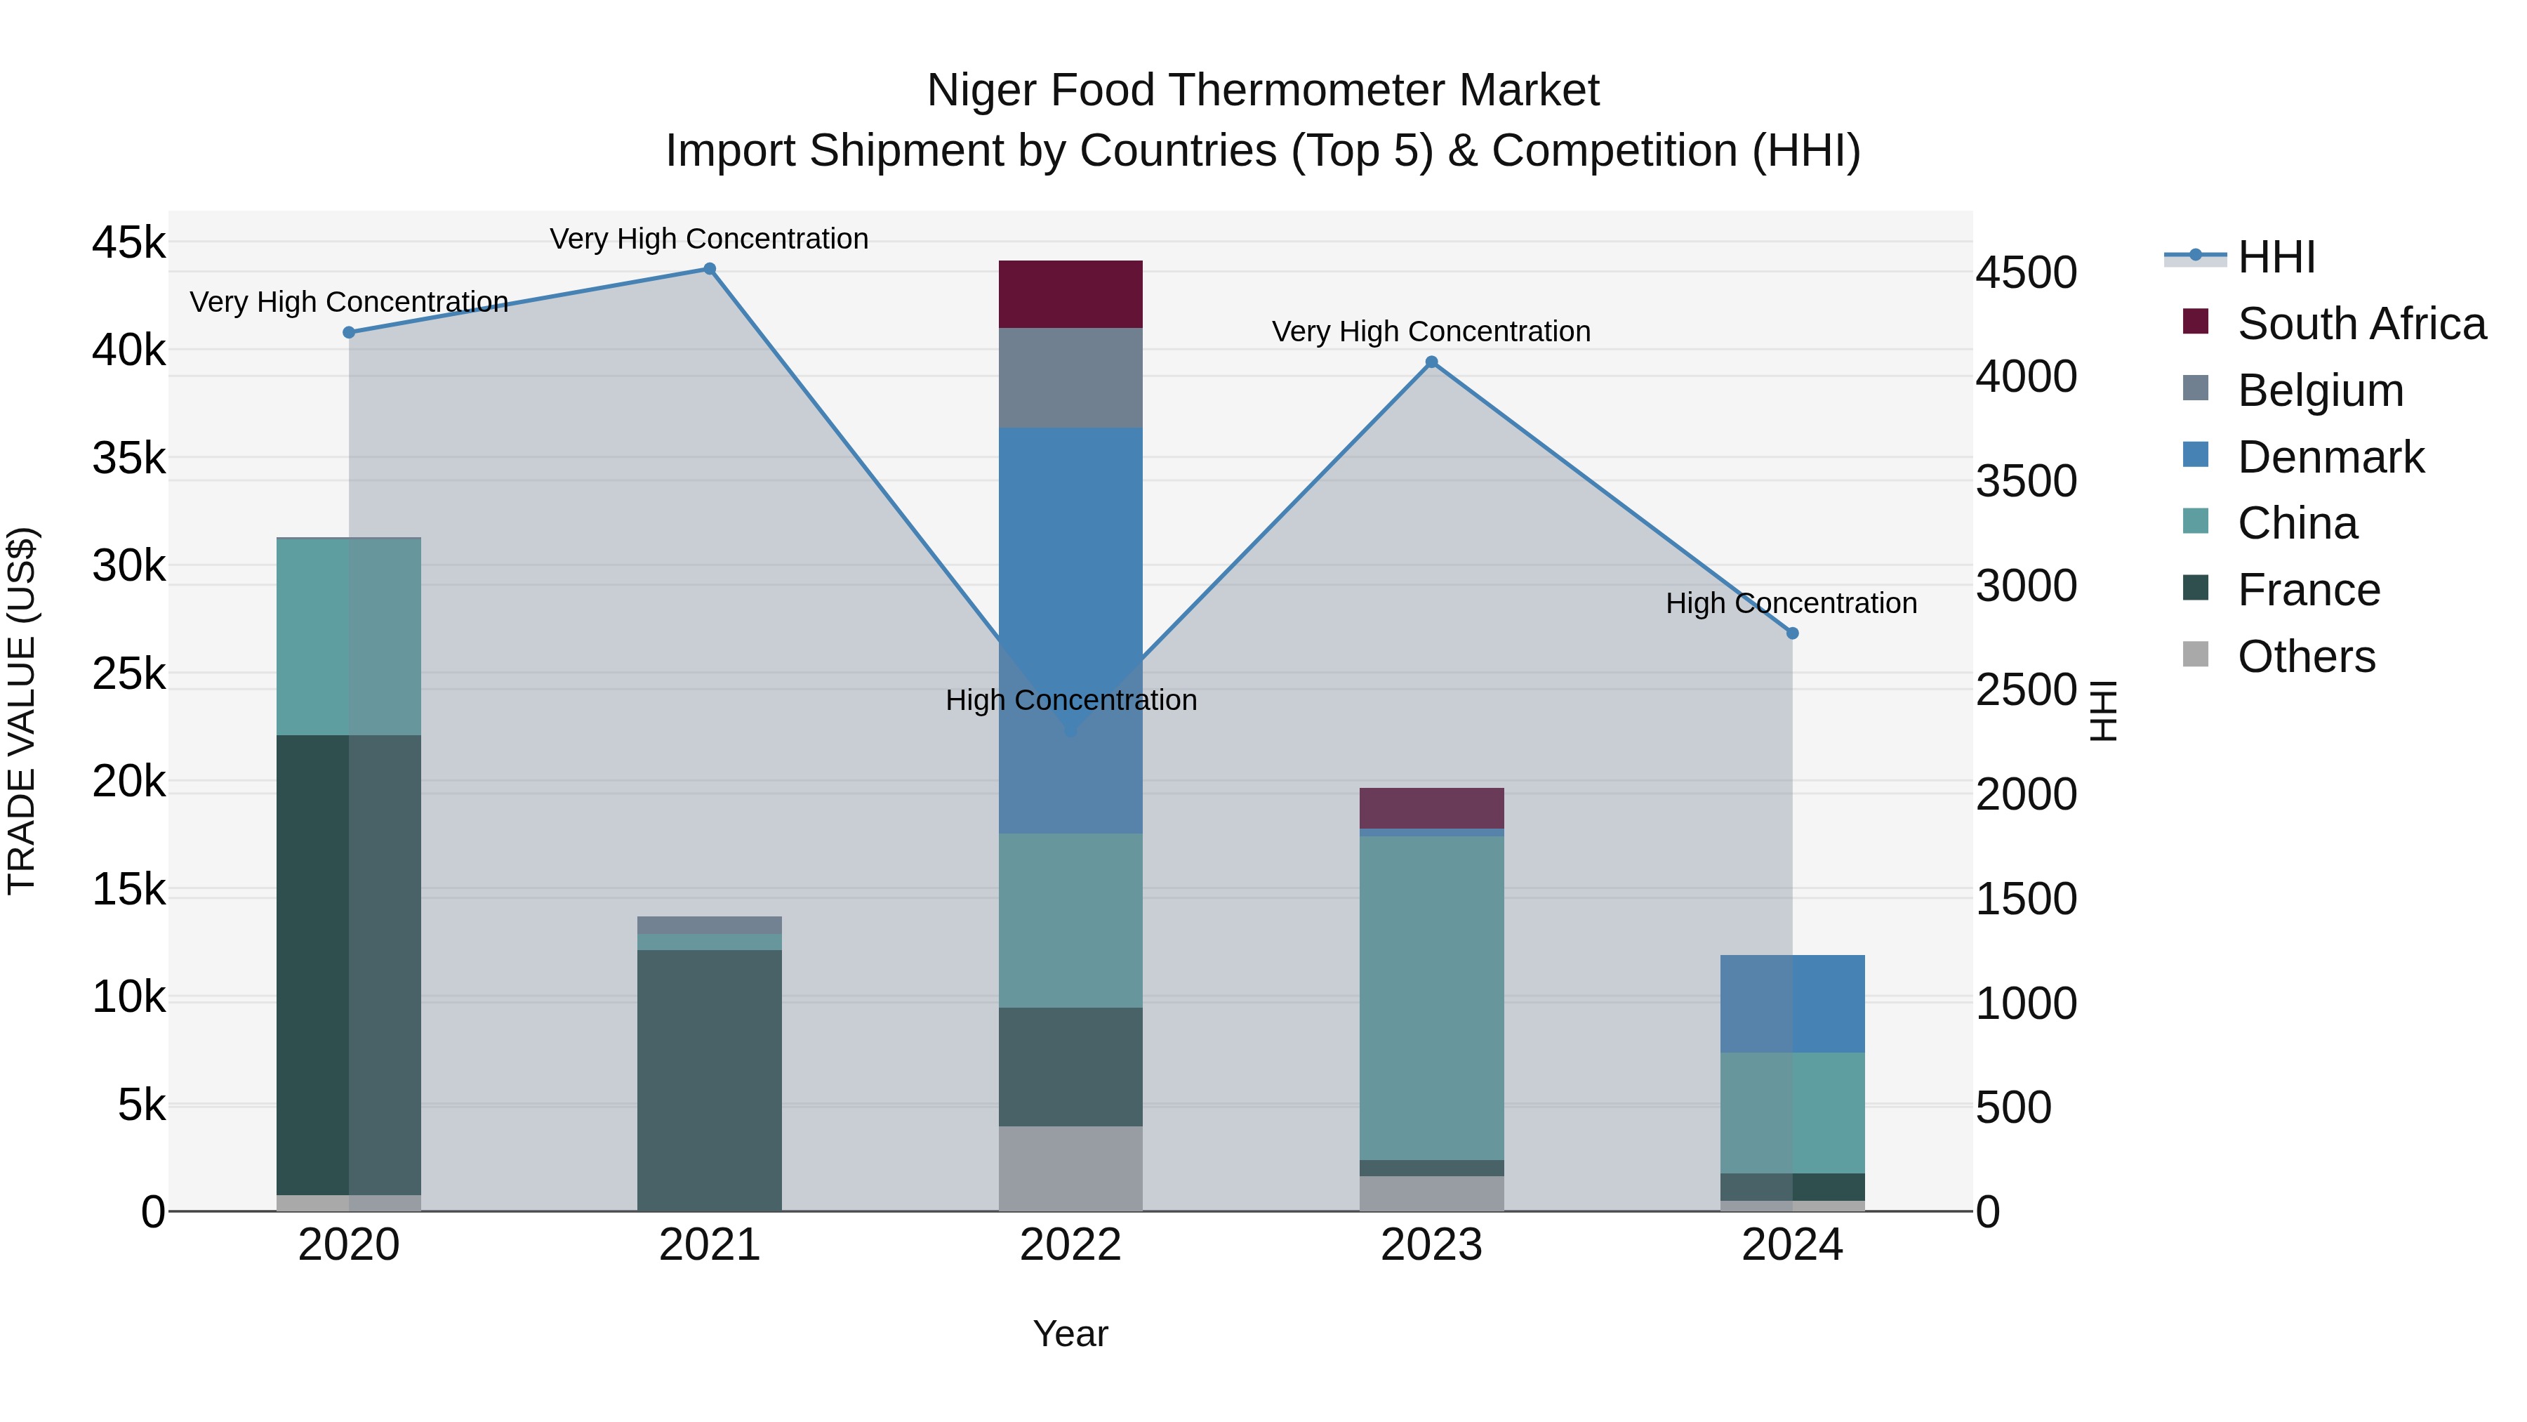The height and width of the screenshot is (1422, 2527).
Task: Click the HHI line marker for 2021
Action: [x=709, y=269]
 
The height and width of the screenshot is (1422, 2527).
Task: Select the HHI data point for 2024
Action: [x=1792, y=633]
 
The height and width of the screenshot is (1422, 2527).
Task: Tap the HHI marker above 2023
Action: [x=1431, y=362]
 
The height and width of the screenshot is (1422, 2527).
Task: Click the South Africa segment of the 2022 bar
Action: [x=1070, y=294]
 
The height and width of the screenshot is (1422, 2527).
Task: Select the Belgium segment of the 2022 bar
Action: [x=1070, y=378]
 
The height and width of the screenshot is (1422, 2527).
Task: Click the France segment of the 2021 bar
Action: [x=709, y=1079]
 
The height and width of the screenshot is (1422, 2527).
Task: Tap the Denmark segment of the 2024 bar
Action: [x=1792, y=1003]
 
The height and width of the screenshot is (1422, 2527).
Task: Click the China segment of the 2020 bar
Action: [x=348, y=637]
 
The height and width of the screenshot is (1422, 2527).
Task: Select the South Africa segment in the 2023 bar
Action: [x=1431, y=808]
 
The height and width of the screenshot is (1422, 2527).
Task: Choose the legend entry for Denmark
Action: [x=2330, y=457]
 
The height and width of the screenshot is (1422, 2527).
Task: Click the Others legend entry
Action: [x=2305, y=657]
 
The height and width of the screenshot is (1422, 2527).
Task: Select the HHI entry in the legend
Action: [x=2276, y=257]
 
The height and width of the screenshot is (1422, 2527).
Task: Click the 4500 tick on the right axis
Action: [x=2026, y=273]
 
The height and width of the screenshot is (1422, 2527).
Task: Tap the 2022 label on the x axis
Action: [x=1070, y=1245]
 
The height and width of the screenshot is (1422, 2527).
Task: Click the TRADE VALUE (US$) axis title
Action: [x=22, y=711]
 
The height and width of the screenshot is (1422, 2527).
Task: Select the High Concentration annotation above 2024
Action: [x=1791, y=603]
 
